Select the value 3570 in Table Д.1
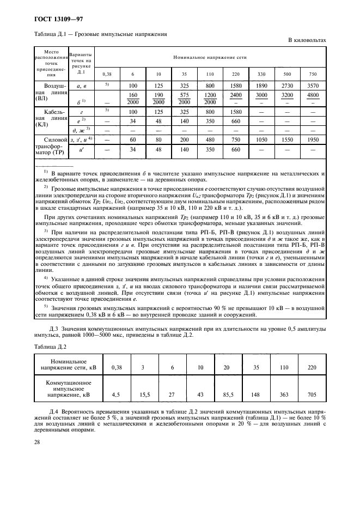coord(313,86)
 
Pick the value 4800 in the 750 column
coord(313,94)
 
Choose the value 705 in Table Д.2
coord(312,393)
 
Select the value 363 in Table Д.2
coord(283,393)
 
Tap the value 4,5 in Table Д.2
coord(115,393)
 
